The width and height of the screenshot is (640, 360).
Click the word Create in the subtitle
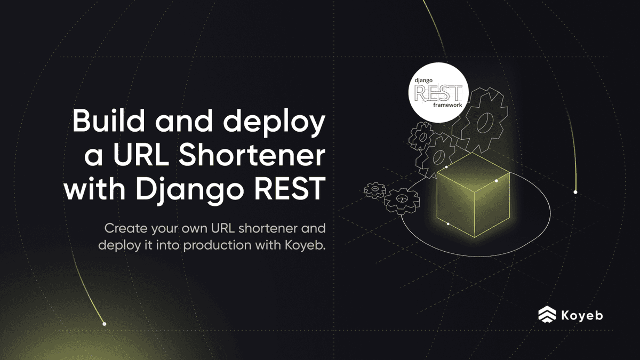coord(124,229)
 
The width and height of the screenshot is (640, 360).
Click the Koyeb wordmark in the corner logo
coord(582,315)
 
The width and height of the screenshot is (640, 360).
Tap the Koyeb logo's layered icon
coord(547,315)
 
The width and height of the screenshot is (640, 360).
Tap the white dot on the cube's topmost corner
coord(446,167)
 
